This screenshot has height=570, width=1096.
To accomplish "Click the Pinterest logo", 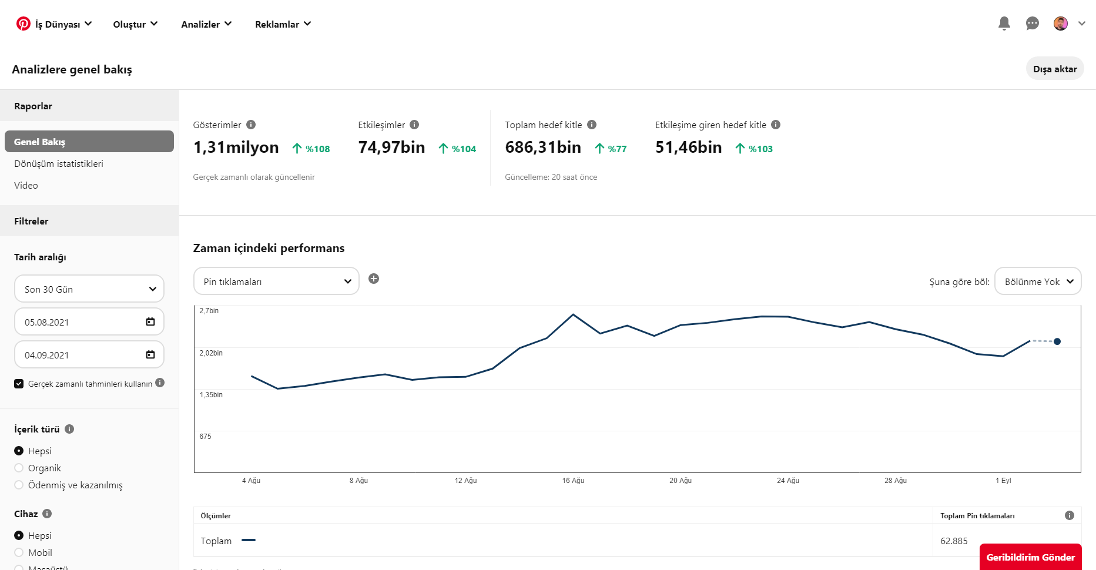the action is [24, 24].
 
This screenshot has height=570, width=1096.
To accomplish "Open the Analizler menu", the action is [206, 24].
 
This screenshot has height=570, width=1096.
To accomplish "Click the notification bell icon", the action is [1004, 24].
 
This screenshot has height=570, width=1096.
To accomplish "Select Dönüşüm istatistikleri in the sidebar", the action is [59, 164].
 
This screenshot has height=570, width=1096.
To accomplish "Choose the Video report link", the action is [26, 186].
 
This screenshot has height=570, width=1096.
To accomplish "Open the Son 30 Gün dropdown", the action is [89, 289].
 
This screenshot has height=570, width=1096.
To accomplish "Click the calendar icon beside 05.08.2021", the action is [150, 322].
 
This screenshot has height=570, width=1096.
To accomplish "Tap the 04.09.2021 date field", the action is [89, 355].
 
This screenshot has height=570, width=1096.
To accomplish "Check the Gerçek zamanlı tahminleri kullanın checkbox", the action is [19, 384].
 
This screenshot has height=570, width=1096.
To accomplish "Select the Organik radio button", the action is [19, 468].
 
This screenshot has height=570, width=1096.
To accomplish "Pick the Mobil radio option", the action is [19, 553].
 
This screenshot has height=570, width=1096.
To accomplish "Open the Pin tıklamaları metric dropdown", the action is [276, 281].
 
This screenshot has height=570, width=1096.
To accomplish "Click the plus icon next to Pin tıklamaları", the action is [374, 279].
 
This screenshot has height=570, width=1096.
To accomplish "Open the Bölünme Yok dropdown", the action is [1038, 281].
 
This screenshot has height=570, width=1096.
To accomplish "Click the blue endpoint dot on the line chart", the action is [1057, 341].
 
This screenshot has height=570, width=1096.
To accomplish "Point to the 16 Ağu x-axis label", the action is [573, 481].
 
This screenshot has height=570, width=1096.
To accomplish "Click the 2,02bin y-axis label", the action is [211, 353].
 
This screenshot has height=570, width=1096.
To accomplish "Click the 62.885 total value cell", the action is [954, 541].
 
